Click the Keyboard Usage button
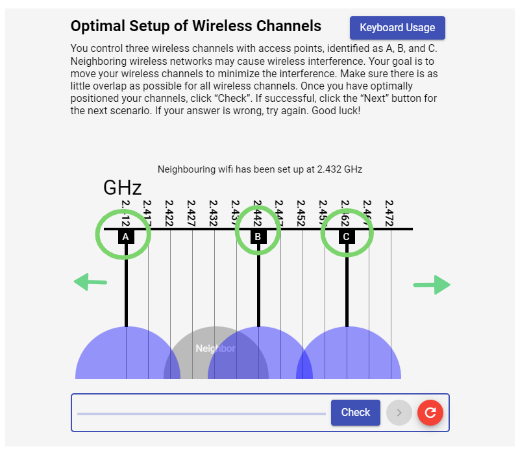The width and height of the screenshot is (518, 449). (x=397, y=28)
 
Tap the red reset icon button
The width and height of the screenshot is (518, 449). (x=430, y=412)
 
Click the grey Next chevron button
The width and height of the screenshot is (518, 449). (x=399, y=412)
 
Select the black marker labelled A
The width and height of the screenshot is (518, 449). (x=127, y=237)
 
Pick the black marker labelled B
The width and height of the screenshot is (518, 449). (x=258, y=237)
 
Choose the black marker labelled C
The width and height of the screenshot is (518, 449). (x=346, y=237)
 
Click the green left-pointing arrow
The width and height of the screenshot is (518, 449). (x=90, y=282)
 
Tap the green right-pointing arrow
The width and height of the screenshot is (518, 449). (x=432, y=285)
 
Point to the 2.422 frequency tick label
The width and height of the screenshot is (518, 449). (x=169, y=213)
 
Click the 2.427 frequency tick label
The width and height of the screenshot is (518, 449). (x=191, y=213)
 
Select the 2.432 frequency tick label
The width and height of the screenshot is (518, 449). (x=214, y=213)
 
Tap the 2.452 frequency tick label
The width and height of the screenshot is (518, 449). (x=301, y=213)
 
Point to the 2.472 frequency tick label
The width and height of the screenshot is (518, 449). (x=389, y=213)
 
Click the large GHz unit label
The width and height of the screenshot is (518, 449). (x=122, y=188)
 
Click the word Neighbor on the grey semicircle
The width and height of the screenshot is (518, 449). (x=216, y=348)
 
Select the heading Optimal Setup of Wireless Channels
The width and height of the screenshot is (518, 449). (x=195, y=26)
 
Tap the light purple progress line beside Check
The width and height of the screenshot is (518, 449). (x=201, y=413)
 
